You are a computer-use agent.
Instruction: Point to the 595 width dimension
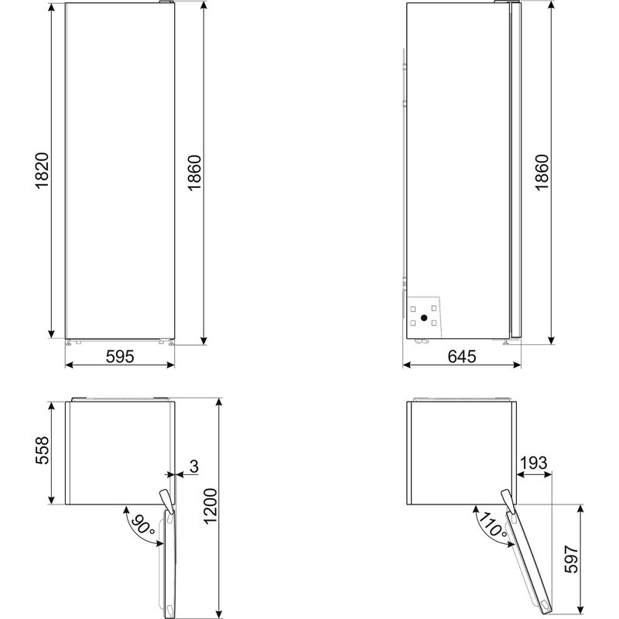[x=120, y=357]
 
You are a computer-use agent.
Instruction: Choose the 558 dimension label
[x=43, y=453]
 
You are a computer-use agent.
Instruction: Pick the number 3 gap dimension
[x=193, y=466]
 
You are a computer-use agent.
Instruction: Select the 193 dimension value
[x=533, y=463]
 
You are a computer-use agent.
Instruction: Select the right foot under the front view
[x=167, y=341]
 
